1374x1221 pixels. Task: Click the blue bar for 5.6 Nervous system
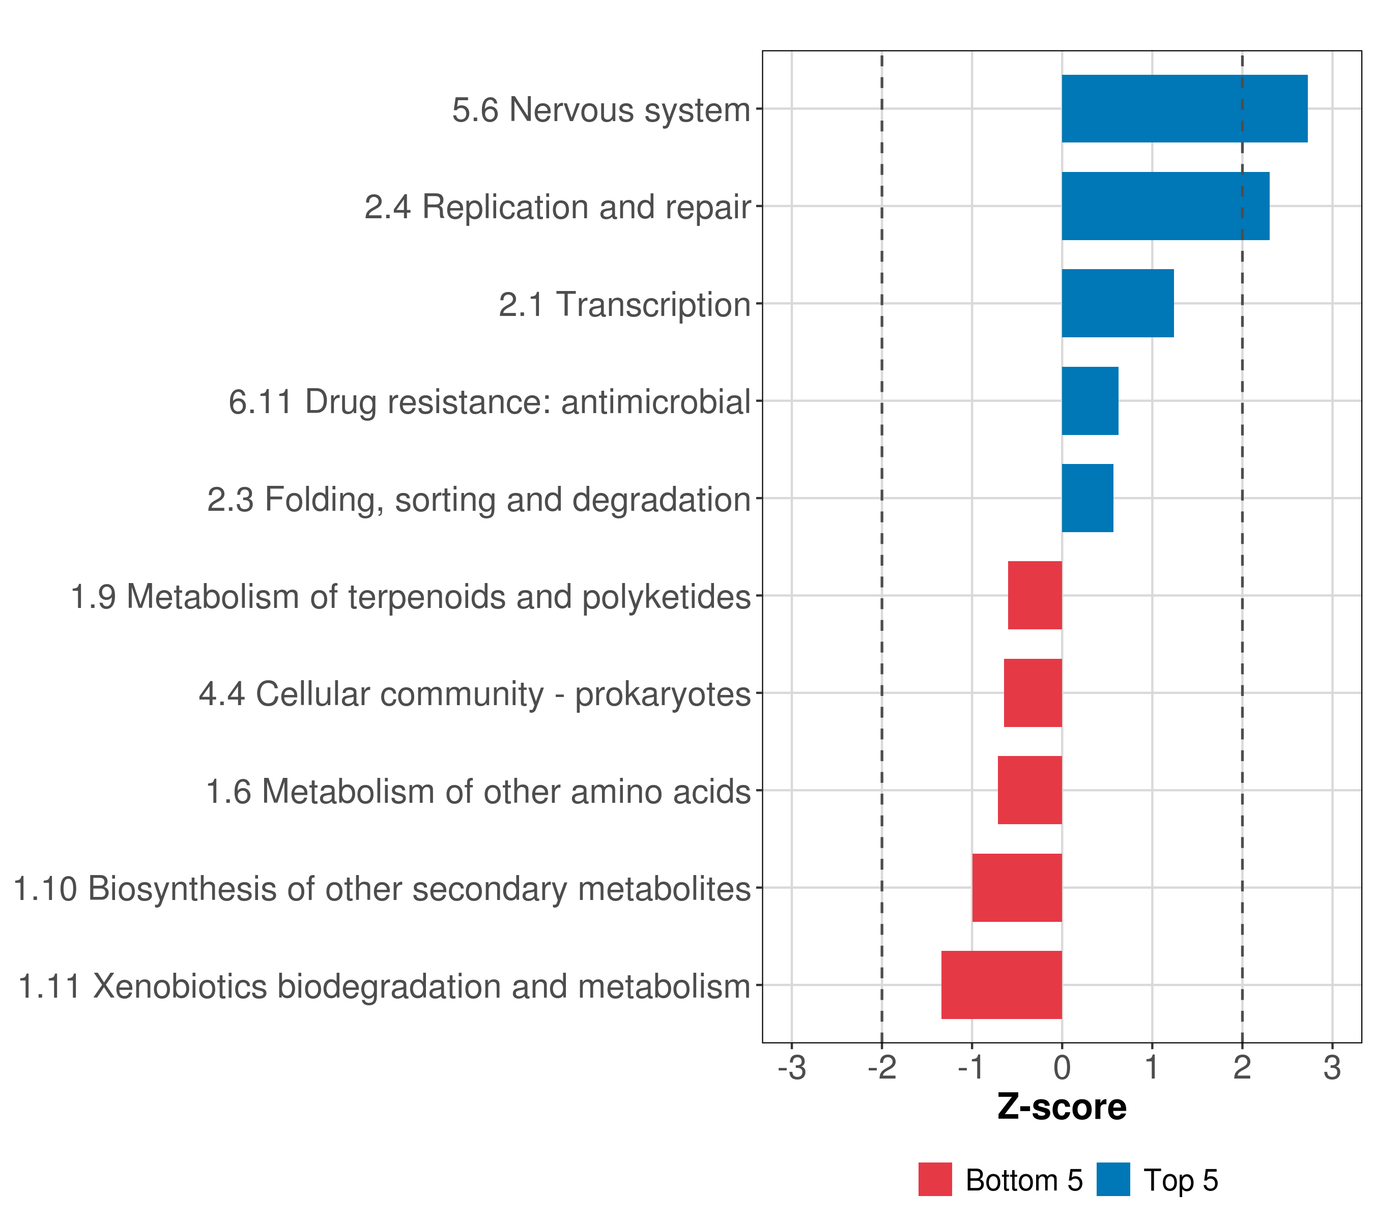coord(1184,109)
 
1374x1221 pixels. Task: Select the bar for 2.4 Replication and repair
coord(1165,207)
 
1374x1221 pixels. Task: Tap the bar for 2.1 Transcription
coord(1117,303)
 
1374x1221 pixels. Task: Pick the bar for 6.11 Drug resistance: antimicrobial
coord(1090,401)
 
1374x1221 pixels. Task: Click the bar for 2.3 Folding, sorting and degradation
coord(1087,498)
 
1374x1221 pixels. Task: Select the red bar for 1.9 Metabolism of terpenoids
coord(1035,595)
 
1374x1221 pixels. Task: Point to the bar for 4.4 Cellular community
coord(1033,693)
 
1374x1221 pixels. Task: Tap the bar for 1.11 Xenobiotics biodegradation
coord(1001,985)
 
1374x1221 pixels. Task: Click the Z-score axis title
coord(1062,1107)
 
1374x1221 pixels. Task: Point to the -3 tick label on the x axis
coord(791,1068)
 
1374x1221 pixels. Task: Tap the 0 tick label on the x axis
coord(1062,1068)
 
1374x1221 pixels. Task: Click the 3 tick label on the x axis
coord(1332,1068)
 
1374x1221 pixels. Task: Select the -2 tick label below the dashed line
coord(881,1068)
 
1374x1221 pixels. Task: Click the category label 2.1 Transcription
coord(624,304)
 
